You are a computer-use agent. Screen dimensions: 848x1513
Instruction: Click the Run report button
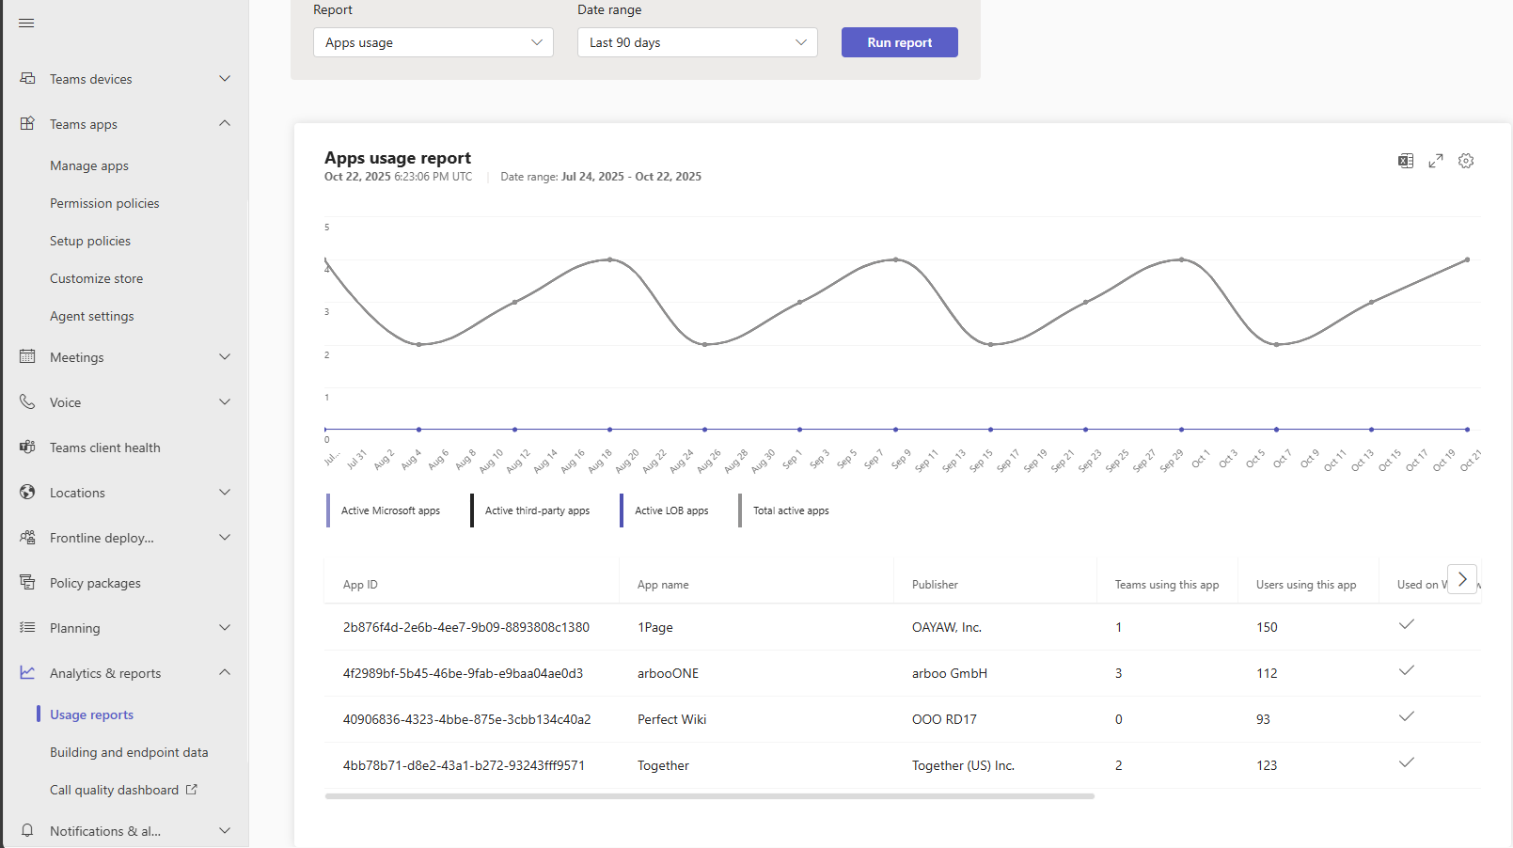(899, 42)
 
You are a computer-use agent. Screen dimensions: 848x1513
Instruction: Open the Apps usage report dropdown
(433, 42)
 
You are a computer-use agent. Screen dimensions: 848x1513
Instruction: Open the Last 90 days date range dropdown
(697, 42)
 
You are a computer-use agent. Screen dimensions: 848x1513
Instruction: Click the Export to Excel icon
(1406, 161)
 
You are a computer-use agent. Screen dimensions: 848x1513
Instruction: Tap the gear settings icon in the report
(1466, 161)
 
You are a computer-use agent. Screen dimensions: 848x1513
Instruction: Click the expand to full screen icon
(1436, 161)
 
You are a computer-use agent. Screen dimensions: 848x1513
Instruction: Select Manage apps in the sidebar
(89, 165)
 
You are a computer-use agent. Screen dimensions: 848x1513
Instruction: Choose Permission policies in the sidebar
(104, 203)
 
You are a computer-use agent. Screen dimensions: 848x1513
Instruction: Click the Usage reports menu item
(91, 715)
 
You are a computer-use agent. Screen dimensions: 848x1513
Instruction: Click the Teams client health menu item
(104, 448)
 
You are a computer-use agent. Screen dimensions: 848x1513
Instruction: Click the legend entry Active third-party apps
(537, 510)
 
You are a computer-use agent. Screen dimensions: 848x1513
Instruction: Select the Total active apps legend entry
(791, 510)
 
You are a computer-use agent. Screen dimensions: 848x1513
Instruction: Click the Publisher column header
(935, 585)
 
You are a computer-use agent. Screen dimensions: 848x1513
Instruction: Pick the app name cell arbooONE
(668, 673)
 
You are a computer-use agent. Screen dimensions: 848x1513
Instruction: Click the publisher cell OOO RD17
(944, 719)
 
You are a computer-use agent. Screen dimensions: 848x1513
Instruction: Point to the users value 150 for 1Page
(1267, 627)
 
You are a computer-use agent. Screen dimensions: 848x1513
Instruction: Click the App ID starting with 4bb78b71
(464, 765)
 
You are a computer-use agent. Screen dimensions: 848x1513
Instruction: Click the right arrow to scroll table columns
(1462, 579)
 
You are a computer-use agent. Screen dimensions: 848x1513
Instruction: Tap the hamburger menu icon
(26, 23)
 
